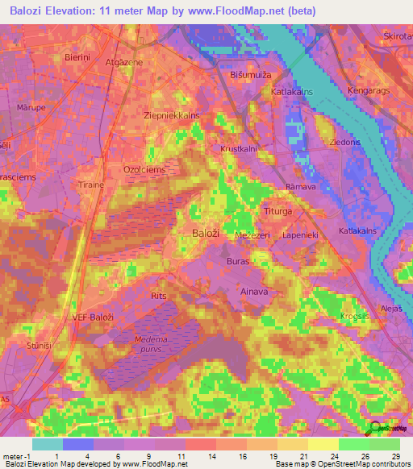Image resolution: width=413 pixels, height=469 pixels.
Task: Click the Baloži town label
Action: (206, 233)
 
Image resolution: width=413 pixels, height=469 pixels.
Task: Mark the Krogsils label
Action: (356, 315)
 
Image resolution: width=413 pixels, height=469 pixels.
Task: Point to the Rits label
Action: (159, 297)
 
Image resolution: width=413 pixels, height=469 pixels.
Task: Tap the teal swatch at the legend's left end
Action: (47, 444)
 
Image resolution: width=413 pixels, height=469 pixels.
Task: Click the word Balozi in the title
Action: (31, 11)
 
